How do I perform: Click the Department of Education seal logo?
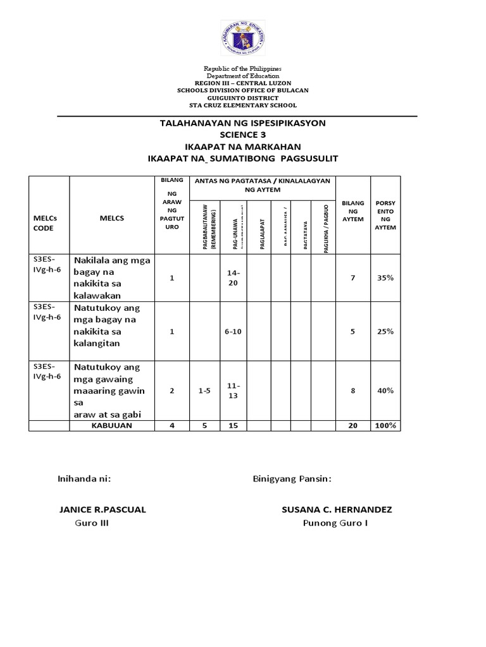[242, 39]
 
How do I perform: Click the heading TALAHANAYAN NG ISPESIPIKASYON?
[242, 123]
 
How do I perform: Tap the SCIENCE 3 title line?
[242, 135]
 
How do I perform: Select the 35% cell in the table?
[385, 277]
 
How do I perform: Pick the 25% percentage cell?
[385, 331]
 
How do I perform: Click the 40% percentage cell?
[385, 390]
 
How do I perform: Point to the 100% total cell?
[385, 426]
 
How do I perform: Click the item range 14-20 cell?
[233, 277]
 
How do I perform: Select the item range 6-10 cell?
[233, 331]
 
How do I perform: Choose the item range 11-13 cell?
[233, 390]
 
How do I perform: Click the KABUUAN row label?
[111, 426]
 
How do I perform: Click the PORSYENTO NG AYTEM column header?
[385, 215]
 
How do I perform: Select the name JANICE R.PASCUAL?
[102, 510]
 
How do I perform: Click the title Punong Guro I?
[335, 523]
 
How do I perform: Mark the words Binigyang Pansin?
[292, 479]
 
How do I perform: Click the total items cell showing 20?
[352, 426]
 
